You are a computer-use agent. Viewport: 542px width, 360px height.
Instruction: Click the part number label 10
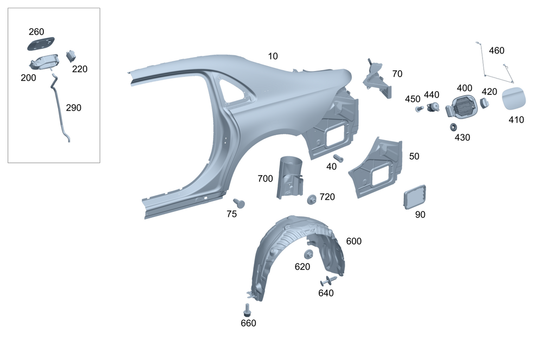pyautogui.click(x=273, y=56)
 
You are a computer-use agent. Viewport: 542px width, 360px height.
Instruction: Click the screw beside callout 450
pyautogui.click(x=419, y=108)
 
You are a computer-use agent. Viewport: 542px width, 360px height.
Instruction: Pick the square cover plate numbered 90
pyautogui.click(x=415, y=196)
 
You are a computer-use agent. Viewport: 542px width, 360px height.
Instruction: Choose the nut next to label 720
pyautogui.click(x=312, y=199)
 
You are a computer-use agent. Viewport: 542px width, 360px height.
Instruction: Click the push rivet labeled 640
pyautogui.click(x=327, y=281)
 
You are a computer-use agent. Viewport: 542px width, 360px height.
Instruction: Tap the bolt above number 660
pyautogui.click(x=248, y=310)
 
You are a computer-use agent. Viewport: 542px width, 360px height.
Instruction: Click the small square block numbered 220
pyautogui.click(x=71, y=56)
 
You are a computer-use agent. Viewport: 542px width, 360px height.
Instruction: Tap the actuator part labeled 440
pyautogui.click(x=433, y=107)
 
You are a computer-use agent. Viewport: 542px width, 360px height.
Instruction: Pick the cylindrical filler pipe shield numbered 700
pyautogui.click(x=289, y=176)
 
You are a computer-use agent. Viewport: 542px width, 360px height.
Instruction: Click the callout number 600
pyautogui.click(x=353, y=241)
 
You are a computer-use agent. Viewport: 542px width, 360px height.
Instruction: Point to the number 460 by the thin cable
pyautogui.click(x=496, y=50)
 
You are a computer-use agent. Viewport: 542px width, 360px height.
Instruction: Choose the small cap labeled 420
pyautogui.click(x=486, y=102)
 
